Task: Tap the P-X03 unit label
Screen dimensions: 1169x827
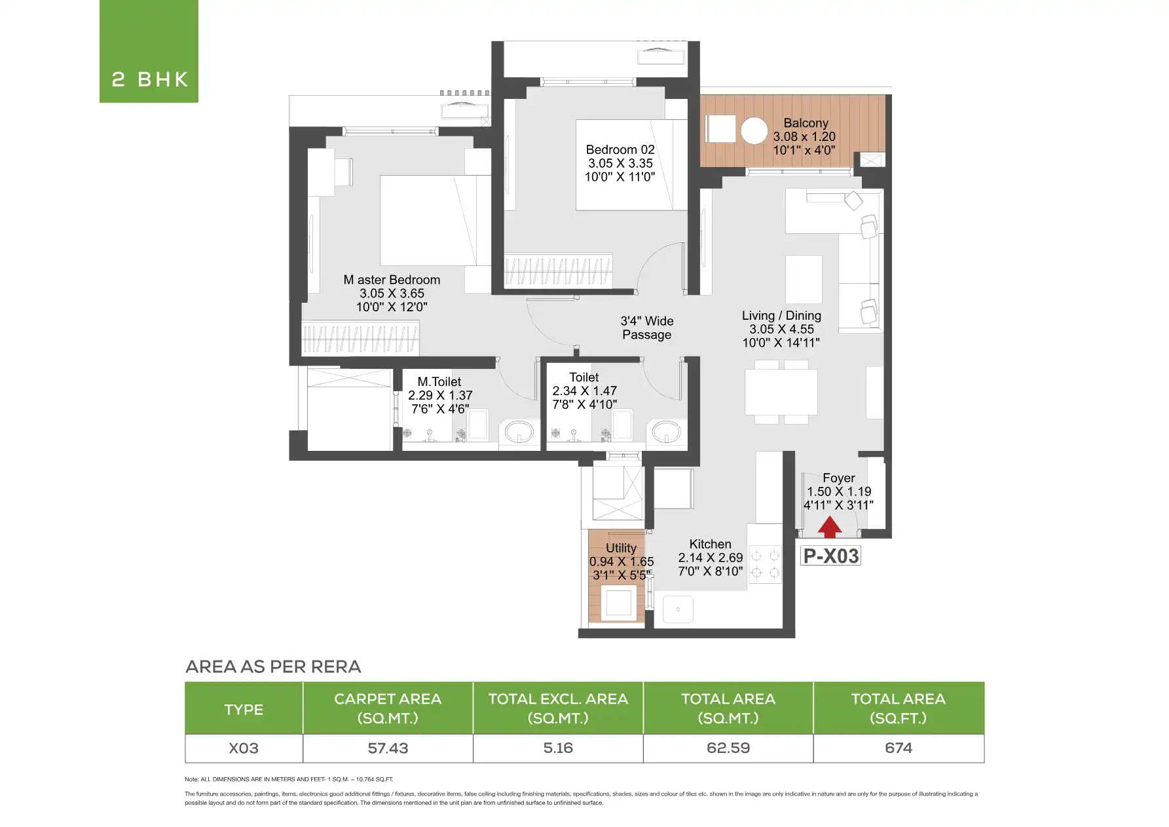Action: (830, 556)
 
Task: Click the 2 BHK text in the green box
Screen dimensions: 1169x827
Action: (150, 79)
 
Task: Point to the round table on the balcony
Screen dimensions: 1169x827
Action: (754, 130)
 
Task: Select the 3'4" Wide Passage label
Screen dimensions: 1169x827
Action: (647, 328)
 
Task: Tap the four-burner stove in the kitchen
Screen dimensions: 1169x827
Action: (765, 564)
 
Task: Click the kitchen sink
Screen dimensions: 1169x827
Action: (678, 609)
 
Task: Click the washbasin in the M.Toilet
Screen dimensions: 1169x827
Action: (520, 432)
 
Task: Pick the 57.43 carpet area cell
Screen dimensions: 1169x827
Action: (388, 748)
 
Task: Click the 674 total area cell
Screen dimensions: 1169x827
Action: (899, 748)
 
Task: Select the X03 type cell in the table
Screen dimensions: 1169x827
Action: (244, 748)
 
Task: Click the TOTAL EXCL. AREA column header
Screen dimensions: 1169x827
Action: (558, 708)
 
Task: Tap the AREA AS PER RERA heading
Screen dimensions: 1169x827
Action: (273, 666)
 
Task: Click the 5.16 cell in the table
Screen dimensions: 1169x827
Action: (558, 748)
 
